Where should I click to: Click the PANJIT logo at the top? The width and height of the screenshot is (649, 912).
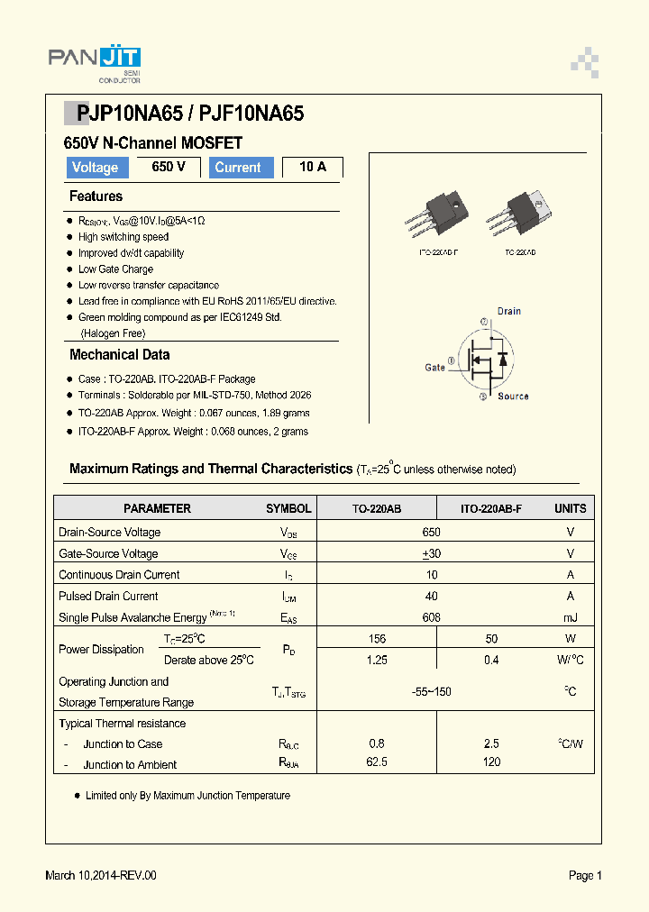coord(94,60)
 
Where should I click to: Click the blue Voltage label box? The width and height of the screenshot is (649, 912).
coord(95,168)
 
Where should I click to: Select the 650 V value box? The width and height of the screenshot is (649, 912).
coord(169,167)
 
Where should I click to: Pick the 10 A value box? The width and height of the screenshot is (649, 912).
coord(312,167)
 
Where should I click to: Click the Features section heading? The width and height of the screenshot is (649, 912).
coord(96,196)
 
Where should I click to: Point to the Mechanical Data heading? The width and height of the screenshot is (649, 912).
coord(119,355)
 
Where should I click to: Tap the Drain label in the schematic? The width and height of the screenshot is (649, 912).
coord(508,311)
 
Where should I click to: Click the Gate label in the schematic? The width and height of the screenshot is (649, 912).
coord(434,368)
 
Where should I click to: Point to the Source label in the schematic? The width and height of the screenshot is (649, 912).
coord(513,397)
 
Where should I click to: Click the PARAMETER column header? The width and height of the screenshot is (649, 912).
coord(157,508)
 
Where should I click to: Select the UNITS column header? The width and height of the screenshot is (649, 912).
coord(570,508)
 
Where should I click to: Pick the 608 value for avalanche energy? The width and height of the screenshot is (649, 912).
coord(432,617)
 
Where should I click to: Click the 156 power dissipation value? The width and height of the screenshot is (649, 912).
coord(377,638)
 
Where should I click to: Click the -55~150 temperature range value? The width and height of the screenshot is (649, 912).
coord(431,691)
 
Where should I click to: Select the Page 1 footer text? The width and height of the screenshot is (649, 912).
coord(585,875)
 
